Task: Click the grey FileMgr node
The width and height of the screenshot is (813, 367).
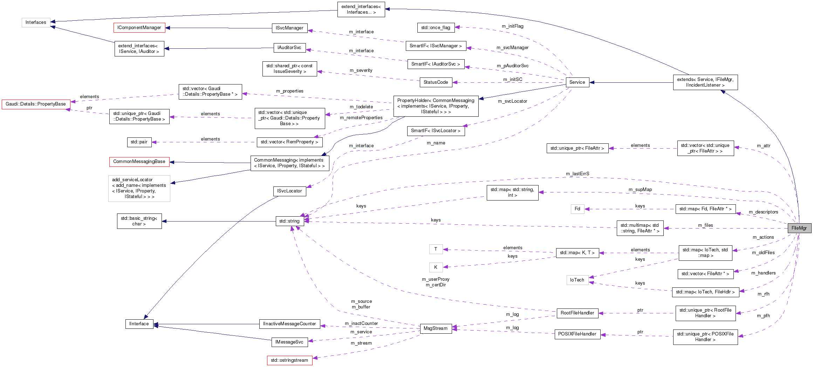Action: click(x=799, y=228)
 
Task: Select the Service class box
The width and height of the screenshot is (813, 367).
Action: click(x=577, y=82)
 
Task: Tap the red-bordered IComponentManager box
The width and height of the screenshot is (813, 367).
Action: click(x=139, y=28)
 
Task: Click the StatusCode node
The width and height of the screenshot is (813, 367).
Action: click(x=436, y=82)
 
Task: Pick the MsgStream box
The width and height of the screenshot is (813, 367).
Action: click(x=435, y=328)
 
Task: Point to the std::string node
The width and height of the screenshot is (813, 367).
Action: click(x=289, y=221)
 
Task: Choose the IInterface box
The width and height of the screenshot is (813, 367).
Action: click(x=139, y=324)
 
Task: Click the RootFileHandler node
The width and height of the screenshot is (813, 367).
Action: click(x=577, y=313)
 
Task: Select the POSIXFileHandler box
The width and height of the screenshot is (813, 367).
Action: click(x=577, y=334)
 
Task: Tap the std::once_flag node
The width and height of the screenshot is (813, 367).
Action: click(x=436, y=28)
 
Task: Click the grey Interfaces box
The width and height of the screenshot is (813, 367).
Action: click(x=36, y=22)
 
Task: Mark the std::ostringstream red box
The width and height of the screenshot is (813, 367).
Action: click(x=289, y=360)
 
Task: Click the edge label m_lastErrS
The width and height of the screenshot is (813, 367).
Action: click(x=578, y=174)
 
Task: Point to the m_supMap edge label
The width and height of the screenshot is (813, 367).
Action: click(x=640, y=190)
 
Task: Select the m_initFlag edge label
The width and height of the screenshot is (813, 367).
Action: click(x=512, y=26)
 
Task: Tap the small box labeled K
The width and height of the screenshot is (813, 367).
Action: click(x=436, y=267)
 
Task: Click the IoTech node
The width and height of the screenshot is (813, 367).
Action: click(x=577, y=280)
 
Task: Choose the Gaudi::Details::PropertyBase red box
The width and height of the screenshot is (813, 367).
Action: click(x=36, y=104)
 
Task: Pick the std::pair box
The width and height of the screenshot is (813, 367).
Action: click(x=139, y=142)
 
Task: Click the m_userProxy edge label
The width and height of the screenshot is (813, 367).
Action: click(x=435, y=279)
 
